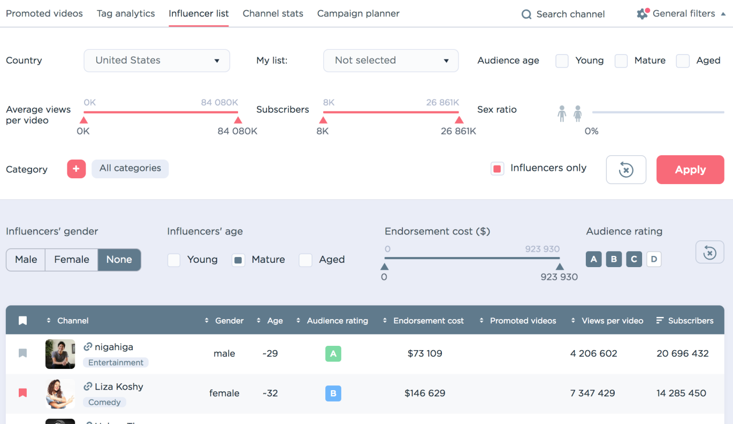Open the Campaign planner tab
(x=358, y=13)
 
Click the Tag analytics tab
(x=126, y=13)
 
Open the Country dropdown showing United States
(x=157, y=60)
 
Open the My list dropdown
(x=391, y=60)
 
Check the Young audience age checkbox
(x=562, y=61)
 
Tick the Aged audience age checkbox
(x=683, y=61)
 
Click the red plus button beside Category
(x=77, y=169)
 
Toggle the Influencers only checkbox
(x=497, y=169)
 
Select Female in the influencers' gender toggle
(x=71, y=260)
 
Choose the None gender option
(x=119, y=260)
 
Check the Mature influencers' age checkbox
(x=238, y=260)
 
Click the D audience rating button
(x=654, y=259)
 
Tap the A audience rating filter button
(x=593, y=259)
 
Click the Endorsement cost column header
(x=428, y=321)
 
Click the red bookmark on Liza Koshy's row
(x=22, y=392)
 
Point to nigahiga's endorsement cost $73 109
(x=425, y=354)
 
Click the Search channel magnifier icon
(x=526, y=14)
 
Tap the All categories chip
(x=130, y=169)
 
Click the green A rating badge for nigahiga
(x=333, y=354)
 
